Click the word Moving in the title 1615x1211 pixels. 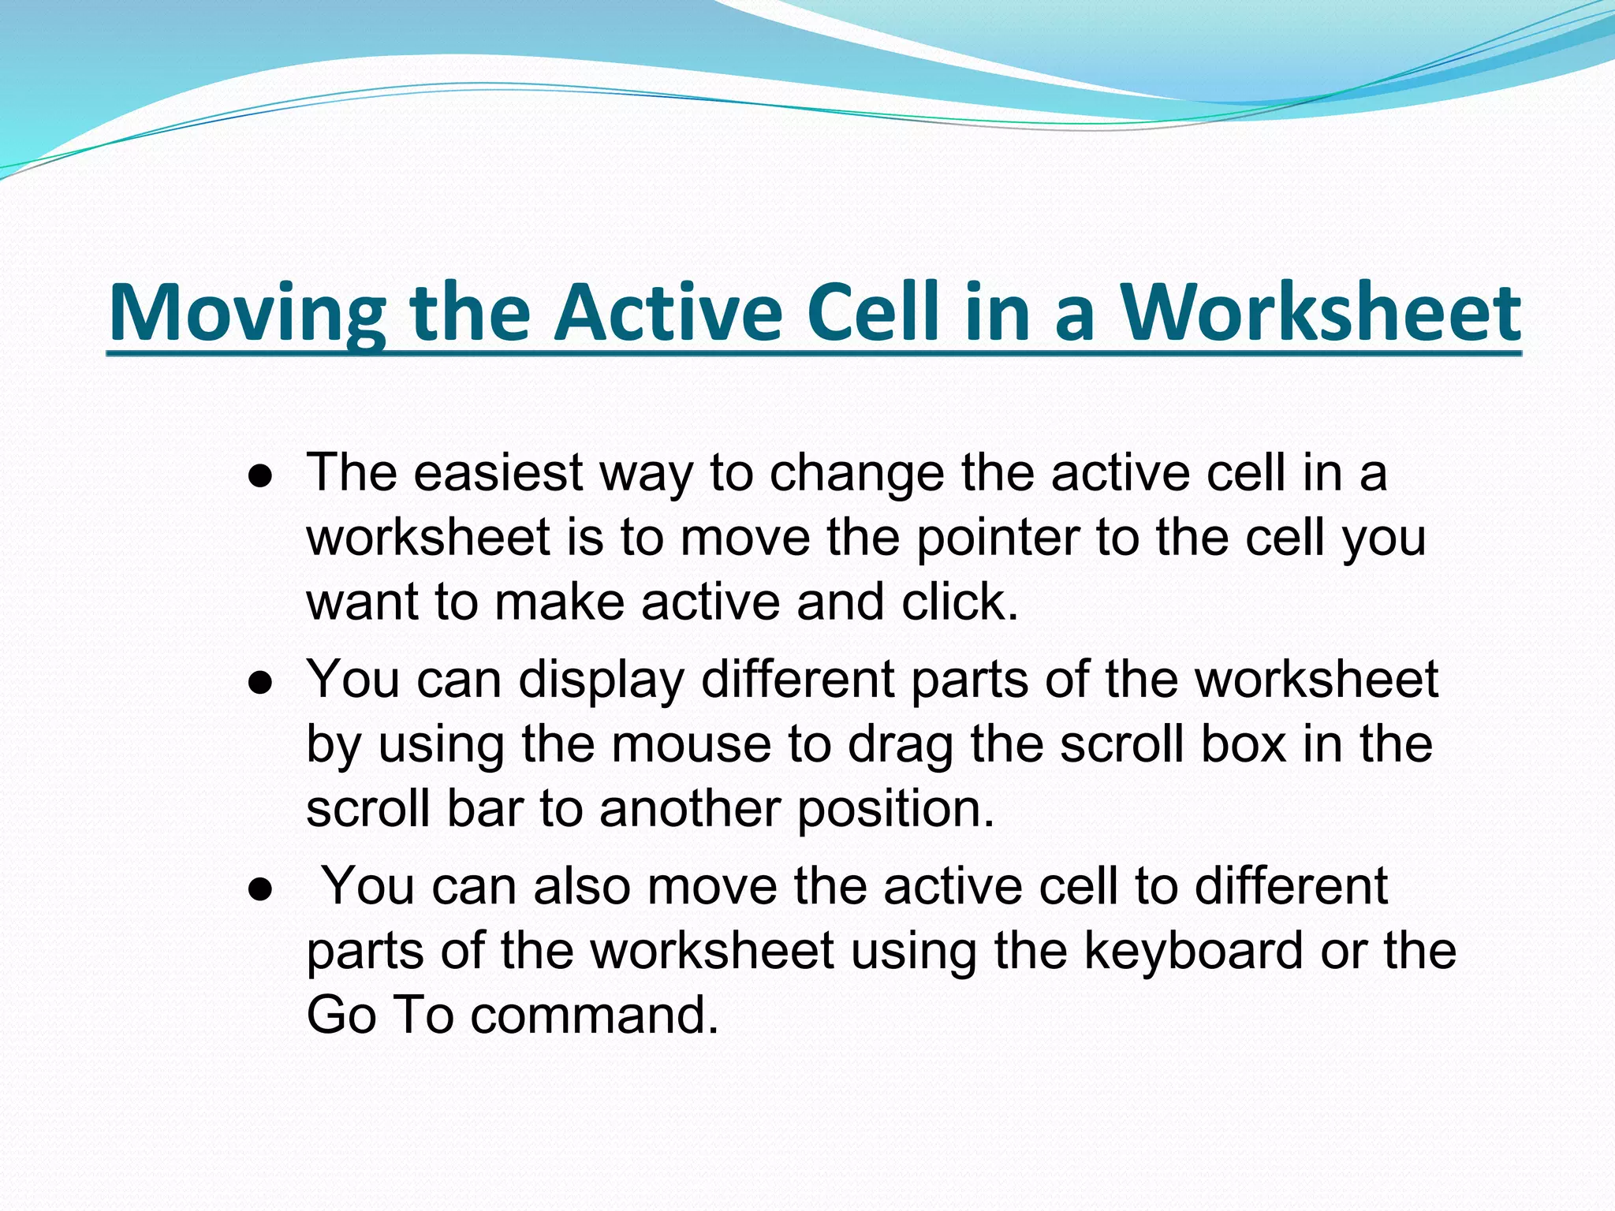pos(247,313)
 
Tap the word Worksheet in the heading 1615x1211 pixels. pos(1320,313)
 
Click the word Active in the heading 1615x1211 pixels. pos(669,313)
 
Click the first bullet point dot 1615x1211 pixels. pos(259,477)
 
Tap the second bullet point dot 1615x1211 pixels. pos(259,684)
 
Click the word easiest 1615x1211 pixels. pos(498,473)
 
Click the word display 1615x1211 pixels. pos(601,680)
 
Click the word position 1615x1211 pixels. pos(896,810)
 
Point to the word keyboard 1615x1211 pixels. pos(1193,951)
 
